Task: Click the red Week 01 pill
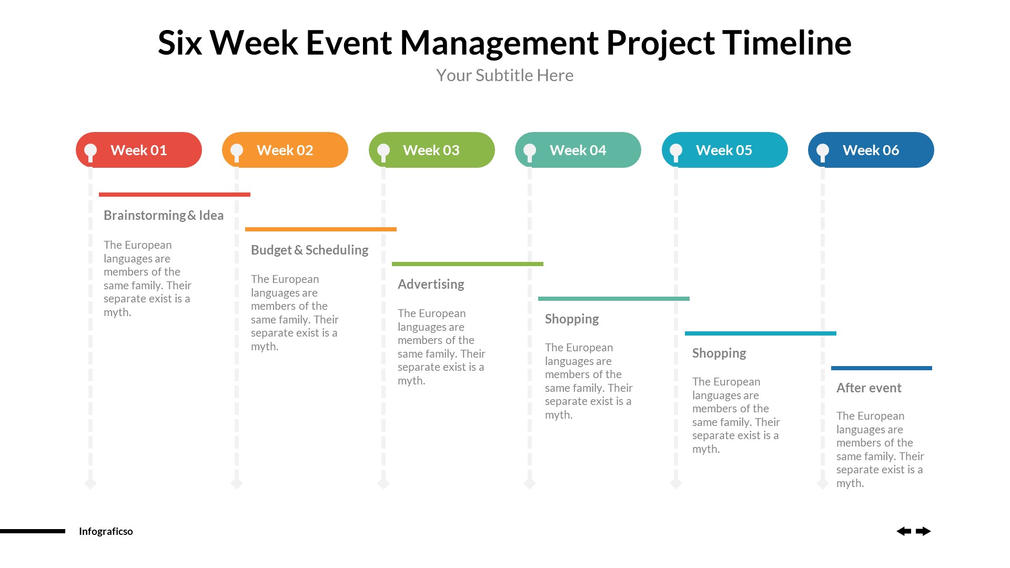click(139, 150)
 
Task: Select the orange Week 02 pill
click(285, 150)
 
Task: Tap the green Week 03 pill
click(431, 150)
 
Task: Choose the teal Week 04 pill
click(578, 150)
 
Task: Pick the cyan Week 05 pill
click(724, 150)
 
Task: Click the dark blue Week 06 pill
click(871, 150)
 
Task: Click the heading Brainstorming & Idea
click(164, 216)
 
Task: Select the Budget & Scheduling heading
click(309, 250)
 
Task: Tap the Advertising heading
click(431, 285)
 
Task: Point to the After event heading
click(868, 388)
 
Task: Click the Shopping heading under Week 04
click(572, 319)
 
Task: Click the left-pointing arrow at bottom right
click(904, 531)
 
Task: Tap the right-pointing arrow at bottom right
click(923, 531)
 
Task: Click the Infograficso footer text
click(106, 531)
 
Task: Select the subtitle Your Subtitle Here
click(504, 75)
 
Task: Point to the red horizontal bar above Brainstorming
click(174, 195)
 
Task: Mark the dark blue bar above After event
click(881, 368)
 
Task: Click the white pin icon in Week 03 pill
click(383, 151)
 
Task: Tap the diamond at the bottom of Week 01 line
click(90, 483)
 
